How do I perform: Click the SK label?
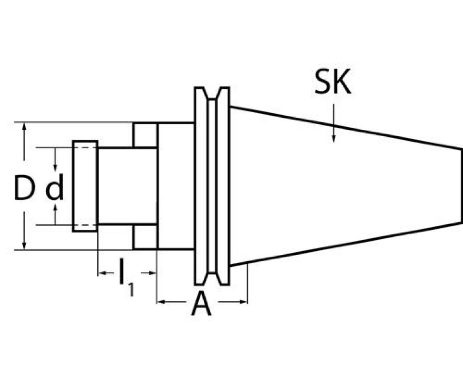point(333,83)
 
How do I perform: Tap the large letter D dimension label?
point(24,188)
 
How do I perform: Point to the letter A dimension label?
point(201,304)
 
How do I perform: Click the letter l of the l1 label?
point(122,272)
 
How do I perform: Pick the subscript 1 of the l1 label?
point(131,289)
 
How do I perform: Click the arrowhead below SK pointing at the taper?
point(334,139)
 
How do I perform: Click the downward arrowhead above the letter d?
point(55,168)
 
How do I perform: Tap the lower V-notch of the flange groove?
point(212,278)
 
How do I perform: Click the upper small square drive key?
point(145,135)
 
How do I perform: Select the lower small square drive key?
point(145,237)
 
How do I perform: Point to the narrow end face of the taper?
point(461,186)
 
